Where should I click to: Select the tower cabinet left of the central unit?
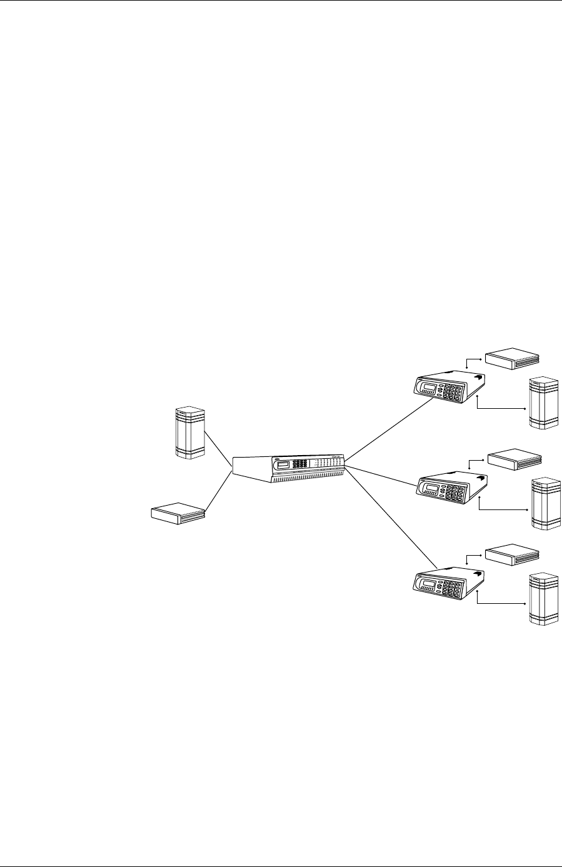coord(191,433)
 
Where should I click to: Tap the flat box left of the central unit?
coord(179,513)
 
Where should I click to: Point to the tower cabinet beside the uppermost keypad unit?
coord(543,403)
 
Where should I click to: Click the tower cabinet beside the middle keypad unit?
coord(546,504)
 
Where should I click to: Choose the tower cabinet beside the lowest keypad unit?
coord(543,599)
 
